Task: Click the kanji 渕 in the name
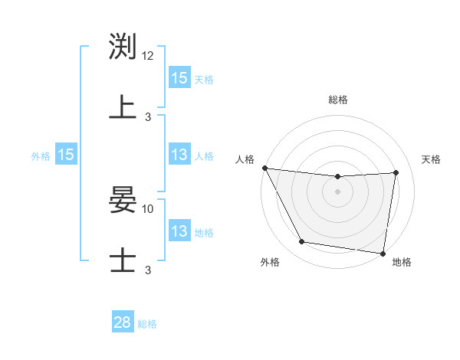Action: pos(123,47)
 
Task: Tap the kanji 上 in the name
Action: pos(123,106)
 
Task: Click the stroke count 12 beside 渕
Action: pos(148,57)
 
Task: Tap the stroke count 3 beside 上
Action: pos(148,116)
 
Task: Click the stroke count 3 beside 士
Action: pos(148,270)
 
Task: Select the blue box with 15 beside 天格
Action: pos(179,78)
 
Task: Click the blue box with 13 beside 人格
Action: pos(179,155)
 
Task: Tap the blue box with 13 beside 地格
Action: pos(179,231)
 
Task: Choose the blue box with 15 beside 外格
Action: pos(66,155)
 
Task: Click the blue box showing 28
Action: pos(123,322)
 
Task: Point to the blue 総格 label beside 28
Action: pos(147,324)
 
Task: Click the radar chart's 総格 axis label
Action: pos(337,100)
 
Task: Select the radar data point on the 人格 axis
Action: pos(264,168)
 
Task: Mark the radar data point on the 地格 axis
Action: pos(383,253)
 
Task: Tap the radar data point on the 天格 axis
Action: pos(396,172)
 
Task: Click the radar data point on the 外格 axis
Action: pos(301,242)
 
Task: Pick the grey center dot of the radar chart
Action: pos(337,191)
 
